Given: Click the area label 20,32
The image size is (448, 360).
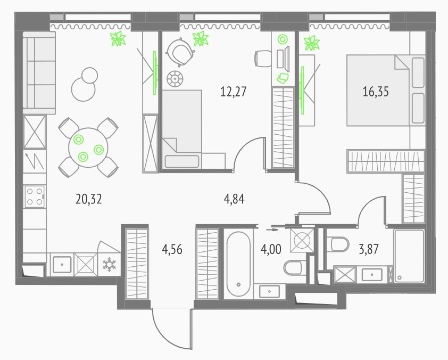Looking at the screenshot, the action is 88,199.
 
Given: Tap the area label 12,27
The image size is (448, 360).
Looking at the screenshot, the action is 233,92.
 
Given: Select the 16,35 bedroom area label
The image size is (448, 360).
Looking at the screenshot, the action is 376,92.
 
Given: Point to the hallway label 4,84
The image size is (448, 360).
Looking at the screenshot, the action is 234,199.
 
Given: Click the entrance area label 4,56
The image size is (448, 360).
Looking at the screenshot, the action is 172,249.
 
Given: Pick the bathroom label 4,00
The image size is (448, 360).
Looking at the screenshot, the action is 271,249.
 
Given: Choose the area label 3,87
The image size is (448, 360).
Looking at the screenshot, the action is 369,249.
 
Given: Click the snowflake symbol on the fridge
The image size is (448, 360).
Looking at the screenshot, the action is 109,265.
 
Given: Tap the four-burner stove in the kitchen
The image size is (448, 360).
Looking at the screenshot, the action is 35,196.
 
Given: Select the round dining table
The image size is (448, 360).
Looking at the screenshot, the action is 88,148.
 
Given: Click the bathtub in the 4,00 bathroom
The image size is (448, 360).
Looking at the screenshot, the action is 238,264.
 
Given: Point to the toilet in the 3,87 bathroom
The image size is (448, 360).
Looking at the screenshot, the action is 338,244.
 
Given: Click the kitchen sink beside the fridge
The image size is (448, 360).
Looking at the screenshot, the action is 62,265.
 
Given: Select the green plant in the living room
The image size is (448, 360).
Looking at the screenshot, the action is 118,38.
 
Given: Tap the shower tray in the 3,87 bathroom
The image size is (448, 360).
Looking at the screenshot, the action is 410,256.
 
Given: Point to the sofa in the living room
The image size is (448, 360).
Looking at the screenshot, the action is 39,73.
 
